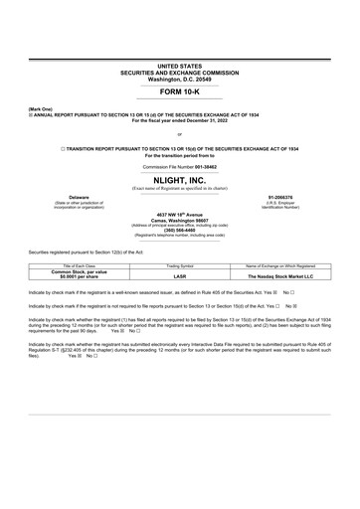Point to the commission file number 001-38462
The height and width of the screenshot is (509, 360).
coord(202,166)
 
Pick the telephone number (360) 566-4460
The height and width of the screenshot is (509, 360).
coord(179,230)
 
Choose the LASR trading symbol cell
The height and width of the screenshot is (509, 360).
coord(179,276)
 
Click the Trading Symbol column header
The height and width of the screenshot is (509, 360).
coord(179,266)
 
